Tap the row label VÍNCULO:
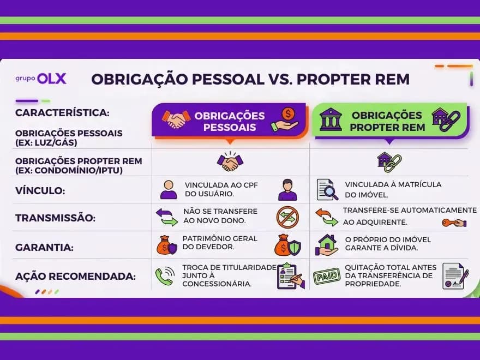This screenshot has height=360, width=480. coord(40,191)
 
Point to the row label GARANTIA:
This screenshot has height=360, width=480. coord(44,247)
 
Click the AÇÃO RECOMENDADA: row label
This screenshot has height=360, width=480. coord(75,277)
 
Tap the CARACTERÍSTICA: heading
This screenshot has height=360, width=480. coord(62,113)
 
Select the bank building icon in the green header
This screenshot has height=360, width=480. coord(331,119)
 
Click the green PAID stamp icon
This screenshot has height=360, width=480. coord(326,277)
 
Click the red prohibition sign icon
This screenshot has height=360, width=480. coord(287,217)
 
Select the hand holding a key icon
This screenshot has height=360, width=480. coord(454,223)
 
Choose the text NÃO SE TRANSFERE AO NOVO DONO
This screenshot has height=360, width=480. coord(214,216)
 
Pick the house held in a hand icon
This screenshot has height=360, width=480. coord(327,245)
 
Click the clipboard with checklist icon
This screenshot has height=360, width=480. coord(291,276)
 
